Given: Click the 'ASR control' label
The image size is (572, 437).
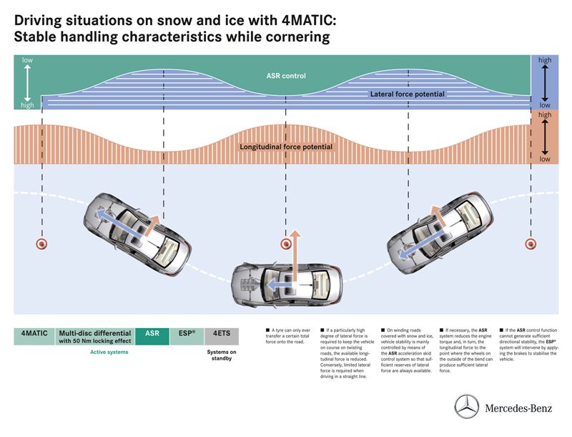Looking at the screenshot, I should [x=285, y=75].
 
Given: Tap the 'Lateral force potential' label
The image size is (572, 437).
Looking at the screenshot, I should [x=407, y=94].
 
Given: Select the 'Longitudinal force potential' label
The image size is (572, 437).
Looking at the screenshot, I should [x=286, y=147].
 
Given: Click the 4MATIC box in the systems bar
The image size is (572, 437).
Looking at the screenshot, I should [x=34, y=335].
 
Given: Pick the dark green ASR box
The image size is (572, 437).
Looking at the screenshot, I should [x=152, y=335].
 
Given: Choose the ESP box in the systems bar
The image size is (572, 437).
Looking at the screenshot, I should [x=186, y=335].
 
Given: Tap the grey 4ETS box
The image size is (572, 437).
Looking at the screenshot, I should [x=222, y=335].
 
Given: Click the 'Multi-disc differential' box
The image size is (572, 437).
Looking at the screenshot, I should [x=95, y=337].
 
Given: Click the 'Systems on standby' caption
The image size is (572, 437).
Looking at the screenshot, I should [x=222, y=355].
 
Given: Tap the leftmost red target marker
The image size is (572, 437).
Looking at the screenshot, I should [x=42, y=244].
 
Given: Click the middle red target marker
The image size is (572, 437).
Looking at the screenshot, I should [x=286, y=244].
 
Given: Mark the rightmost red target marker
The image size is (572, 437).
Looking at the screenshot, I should [x=531, y=244].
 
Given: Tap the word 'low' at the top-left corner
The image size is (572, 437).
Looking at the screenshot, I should [x=27, y=60].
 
